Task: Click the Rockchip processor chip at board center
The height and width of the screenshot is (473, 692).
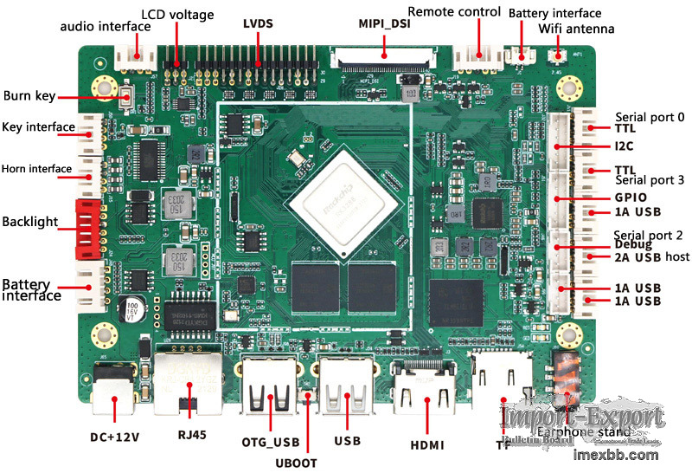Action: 344,203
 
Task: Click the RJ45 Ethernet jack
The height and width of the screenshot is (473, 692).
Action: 188,381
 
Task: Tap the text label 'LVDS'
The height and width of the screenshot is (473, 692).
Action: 258,23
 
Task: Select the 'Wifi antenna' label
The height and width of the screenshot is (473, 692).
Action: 576,29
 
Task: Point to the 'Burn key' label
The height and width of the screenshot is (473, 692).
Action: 29,95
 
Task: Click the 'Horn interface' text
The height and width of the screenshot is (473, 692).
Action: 36,168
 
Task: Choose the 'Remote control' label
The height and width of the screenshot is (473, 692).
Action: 454,11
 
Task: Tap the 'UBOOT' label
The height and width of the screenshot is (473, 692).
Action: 297,463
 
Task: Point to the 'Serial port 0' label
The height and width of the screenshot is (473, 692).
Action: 650,117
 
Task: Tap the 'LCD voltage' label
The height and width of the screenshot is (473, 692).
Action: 178,16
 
